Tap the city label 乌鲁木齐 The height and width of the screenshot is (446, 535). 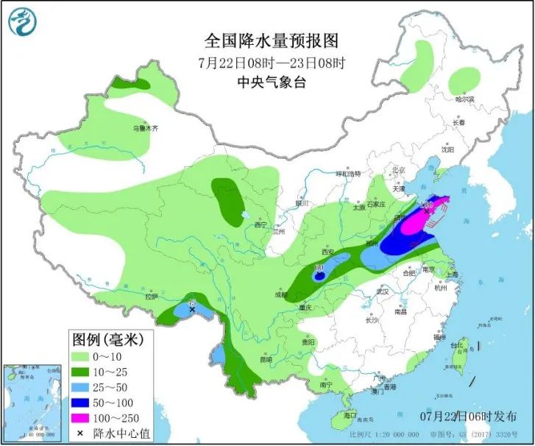pyautogui.click(x=145, y=128)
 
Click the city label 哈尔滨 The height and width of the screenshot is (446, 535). pyautogui.click(x=465, y=99)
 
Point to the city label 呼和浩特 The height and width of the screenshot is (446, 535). pyautogui.click(x=349, y=174)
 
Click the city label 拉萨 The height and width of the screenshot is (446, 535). pyautogui.click(x=151, y=297)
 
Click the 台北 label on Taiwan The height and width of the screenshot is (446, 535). pyautogui.click(x=458, y=344)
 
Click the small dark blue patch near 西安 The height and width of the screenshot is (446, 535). pyautogui.click(x=319, y=277)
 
